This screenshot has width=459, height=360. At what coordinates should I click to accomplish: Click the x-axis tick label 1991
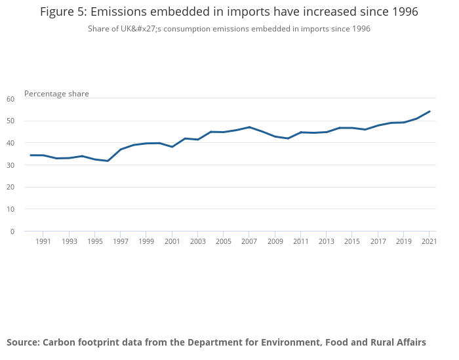click(43, 241)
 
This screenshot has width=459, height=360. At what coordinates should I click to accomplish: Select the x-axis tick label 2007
click(249, 241)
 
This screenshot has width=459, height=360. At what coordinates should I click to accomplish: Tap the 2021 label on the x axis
click(429, 241)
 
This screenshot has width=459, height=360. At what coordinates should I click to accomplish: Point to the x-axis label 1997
click(120, 241)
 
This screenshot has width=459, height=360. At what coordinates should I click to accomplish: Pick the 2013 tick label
click(326, 241)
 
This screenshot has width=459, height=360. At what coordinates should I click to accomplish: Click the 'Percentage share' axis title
click(56, 94)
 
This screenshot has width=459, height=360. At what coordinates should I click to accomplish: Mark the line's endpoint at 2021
click(429, 111)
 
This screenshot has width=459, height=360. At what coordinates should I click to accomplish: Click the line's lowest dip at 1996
click(108, 161)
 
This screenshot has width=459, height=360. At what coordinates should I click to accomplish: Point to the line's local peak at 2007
click(249, 127)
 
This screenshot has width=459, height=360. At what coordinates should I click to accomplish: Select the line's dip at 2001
click(172, 147)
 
